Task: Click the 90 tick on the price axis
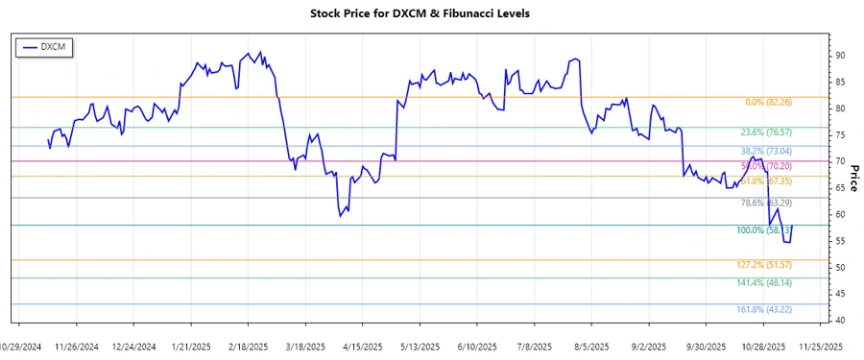point(839,56)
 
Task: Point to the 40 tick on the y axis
point(839,321)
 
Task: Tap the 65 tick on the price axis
point(839,188)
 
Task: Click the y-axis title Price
point(853,177)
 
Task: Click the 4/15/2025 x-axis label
point(363,346)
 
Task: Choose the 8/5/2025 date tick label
point(591,346)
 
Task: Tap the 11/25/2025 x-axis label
point(822,346)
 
